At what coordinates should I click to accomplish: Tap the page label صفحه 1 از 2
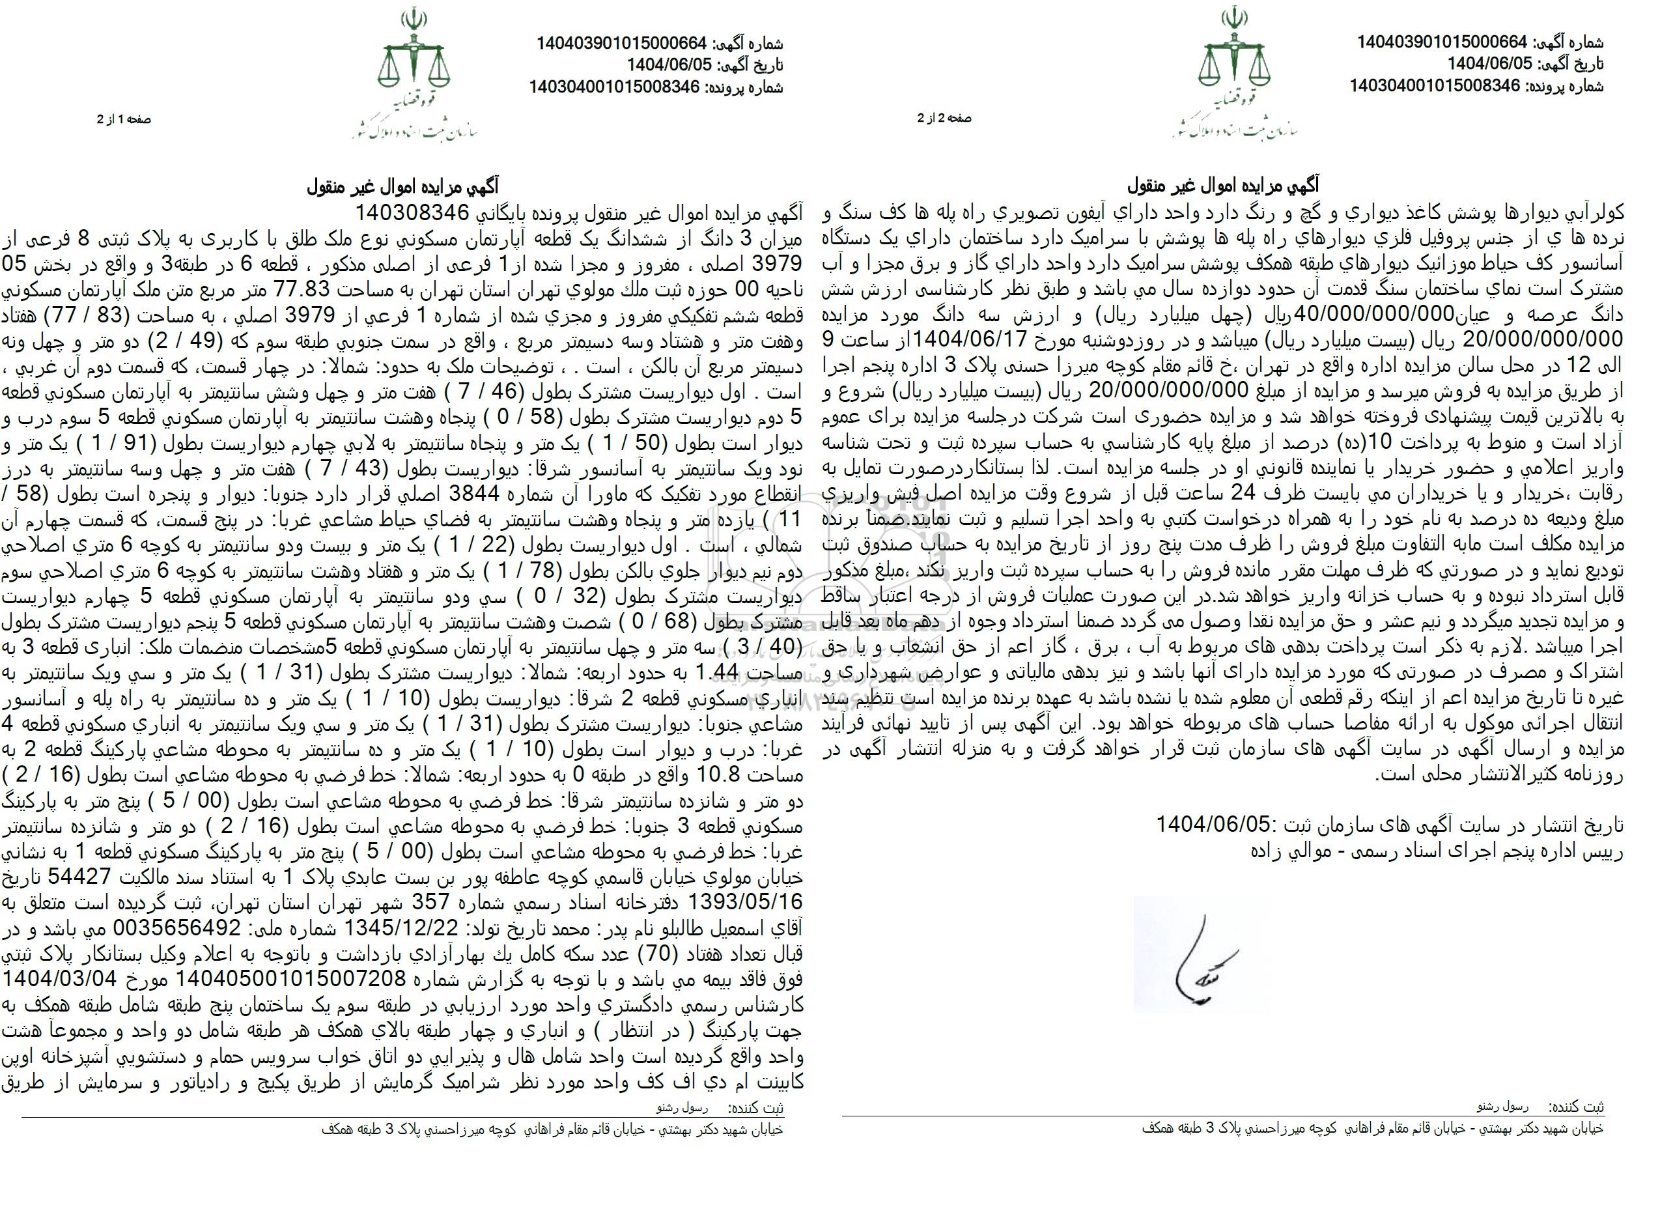[124, 119]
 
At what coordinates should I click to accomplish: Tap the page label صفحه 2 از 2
[944, 118]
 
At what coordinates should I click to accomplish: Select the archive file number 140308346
[413, 213]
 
